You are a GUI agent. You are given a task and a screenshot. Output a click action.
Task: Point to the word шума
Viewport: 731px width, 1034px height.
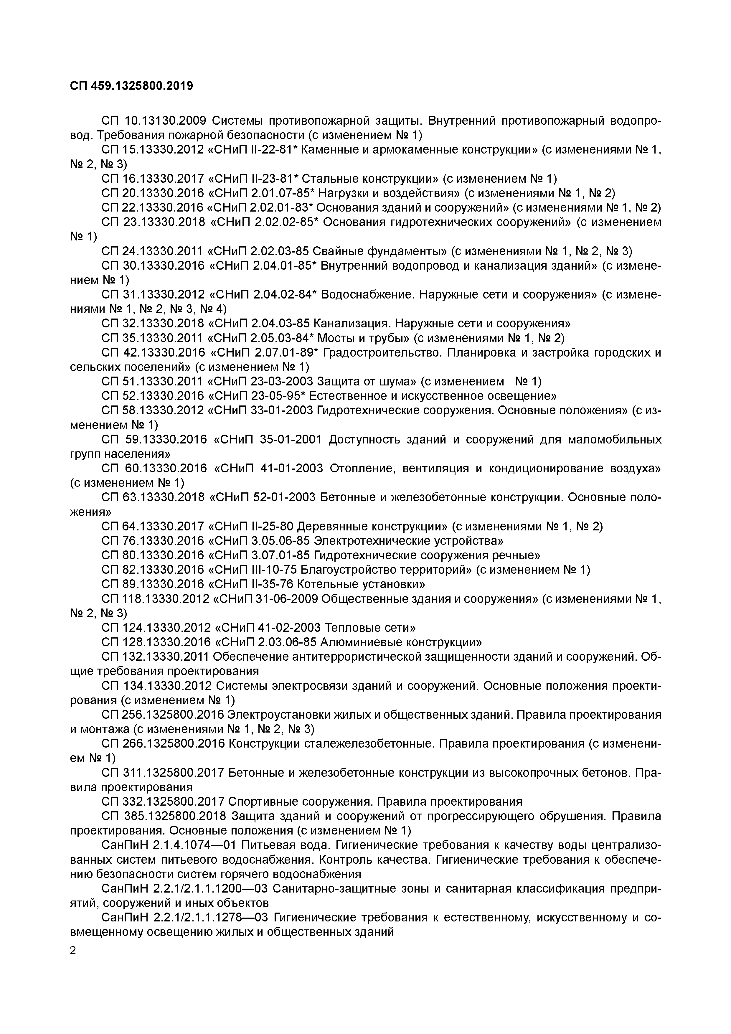pyautogui.click(x=400, y=381)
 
